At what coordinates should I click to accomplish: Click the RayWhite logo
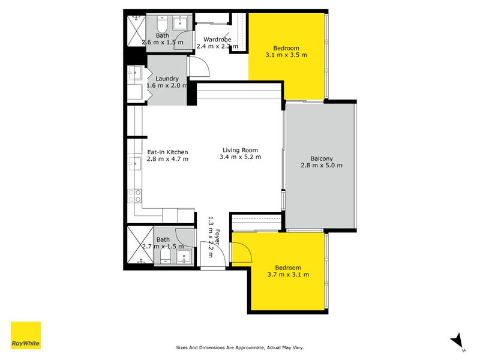tap(26, 335)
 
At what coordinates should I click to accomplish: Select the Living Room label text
tap(240, 150)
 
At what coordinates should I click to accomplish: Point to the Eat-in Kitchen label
tap(168, 152)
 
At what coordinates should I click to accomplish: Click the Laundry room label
tap(167, 79)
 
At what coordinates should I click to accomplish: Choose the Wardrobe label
tap(218, 39)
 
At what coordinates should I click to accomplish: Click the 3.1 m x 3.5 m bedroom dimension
tap(286, 55)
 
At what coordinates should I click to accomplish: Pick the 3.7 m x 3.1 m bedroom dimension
tap(288, 275)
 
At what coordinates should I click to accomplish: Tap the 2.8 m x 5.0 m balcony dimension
tap(322, 166)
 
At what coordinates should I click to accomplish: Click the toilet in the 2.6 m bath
tap(162, 26)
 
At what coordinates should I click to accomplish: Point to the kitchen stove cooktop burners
tap(135, 196)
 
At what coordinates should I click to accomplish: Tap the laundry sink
tap(134, 74)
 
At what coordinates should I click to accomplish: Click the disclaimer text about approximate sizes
tap(244, 347)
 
